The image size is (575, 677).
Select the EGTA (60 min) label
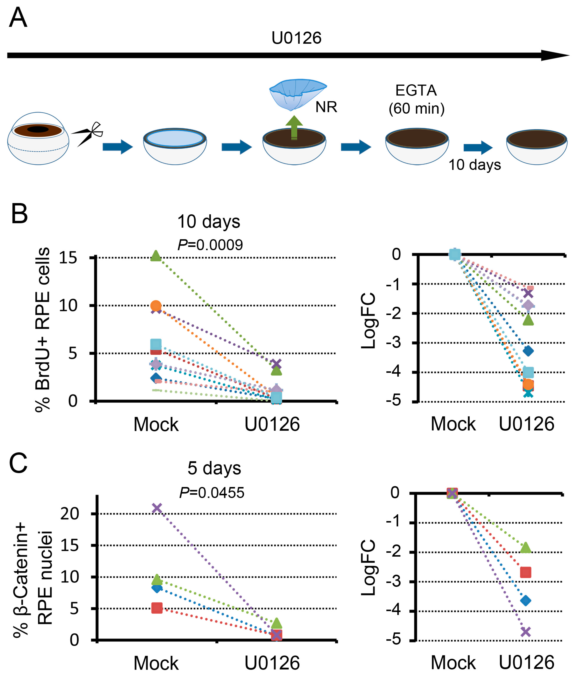coord(416,99)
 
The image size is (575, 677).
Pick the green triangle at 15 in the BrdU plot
coord(156,256)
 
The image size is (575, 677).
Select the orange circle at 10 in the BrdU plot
coord(156,306)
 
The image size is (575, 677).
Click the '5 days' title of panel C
coord(214,468)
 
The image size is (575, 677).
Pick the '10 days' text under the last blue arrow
coord(475,165)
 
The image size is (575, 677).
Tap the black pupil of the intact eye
coord(38,129)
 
